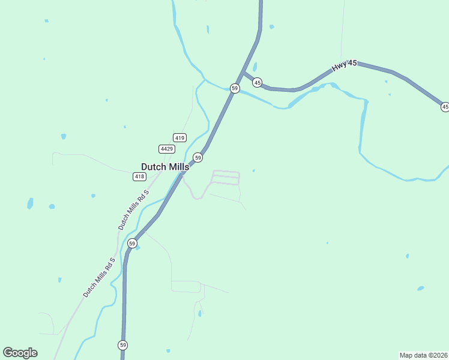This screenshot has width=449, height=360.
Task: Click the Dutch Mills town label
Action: [x=164, y=167]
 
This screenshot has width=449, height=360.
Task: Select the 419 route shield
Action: [x=179, y=137]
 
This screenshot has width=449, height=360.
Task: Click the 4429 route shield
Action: [x=167, y=149]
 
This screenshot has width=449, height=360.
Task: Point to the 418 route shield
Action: [x=139, y=176]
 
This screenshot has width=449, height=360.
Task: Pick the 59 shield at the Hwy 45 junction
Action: [x=235, y=88]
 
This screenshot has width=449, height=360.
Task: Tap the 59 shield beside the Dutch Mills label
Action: [x=197, y=157]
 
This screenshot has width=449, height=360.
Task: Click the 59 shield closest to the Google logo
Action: [x=122, y=345]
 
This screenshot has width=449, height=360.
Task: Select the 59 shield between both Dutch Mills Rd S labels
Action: [x=133, y=243]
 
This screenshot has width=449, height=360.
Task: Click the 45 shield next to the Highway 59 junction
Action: [x=257, y=82]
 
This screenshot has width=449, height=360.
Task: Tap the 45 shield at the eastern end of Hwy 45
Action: [x=445, y=107]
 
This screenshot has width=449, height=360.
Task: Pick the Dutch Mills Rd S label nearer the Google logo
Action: [x=98, y=278]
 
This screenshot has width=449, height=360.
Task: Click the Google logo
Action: [x=20, y=353]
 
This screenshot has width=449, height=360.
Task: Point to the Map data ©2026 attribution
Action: [x=423, y=355]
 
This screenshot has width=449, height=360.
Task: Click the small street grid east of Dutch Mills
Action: [x=226, y=178]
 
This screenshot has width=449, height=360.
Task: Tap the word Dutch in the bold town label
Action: [x=152, y=167]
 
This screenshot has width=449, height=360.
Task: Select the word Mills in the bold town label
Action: [x=177, y=167]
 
